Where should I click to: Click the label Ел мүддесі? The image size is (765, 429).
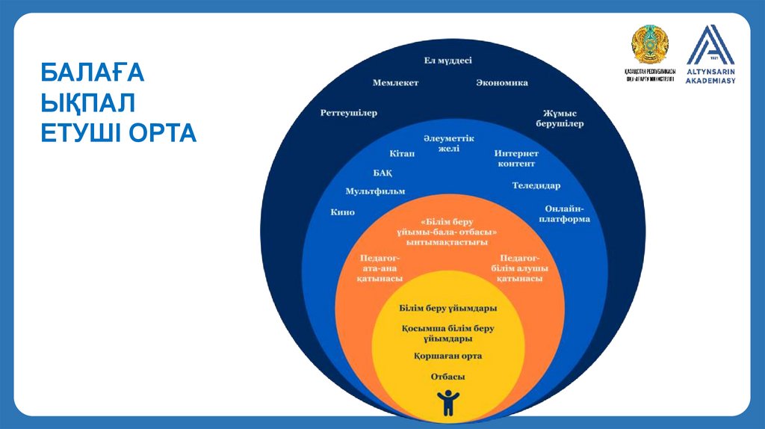(448, 61)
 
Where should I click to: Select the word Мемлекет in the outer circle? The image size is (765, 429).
(395, 83)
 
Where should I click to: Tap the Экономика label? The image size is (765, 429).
(502, 83)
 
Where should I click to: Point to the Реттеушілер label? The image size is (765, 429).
(348, 113)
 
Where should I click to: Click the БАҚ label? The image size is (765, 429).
(382, 172)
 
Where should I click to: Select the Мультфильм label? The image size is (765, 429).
(375, 191)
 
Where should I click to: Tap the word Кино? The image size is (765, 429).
(342, 212)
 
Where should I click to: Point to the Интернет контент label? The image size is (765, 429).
(516, 158)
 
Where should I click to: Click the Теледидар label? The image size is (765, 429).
(536, 185)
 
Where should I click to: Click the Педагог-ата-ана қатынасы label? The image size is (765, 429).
(380, 268)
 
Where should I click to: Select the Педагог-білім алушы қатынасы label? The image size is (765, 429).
(520, 268)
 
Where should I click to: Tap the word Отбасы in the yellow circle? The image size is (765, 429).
(448, 376)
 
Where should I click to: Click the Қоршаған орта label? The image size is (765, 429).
(448, 356)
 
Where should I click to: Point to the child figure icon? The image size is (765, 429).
(448, 402)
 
